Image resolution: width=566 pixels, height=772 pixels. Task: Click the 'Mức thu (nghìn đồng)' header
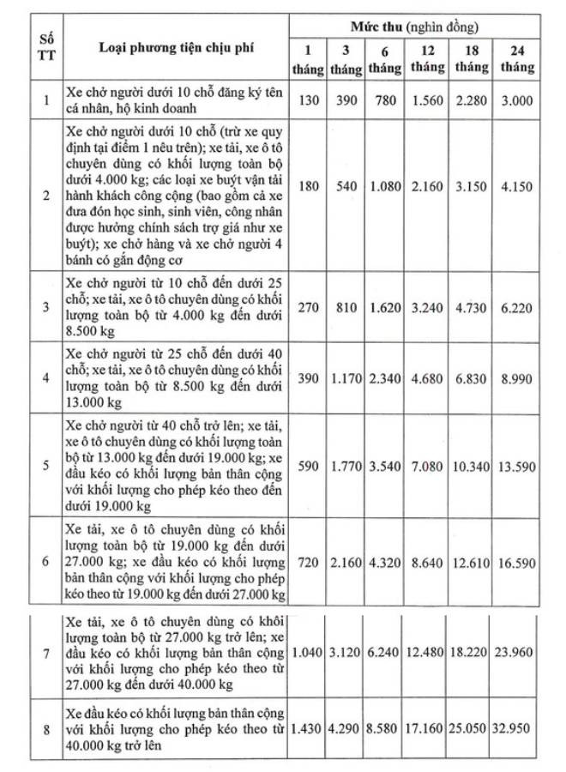pyautogui.click(x=415, y=28)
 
